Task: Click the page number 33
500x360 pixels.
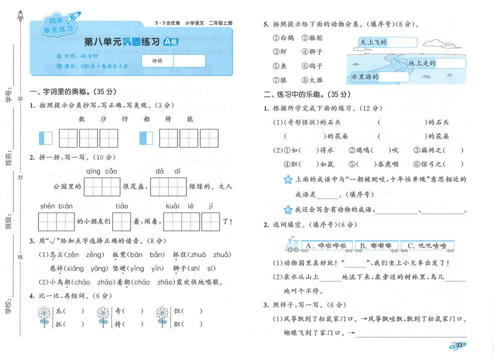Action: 459,344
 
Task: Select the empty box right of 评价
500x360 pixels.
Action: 189,61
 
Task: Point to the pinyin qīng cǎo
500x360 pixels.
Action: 101,171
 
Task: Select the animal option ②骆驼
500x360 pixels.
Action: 312,38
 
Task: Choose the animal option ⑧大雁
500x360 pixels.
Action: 312,79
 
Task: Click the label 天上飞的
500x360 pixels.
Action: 374,42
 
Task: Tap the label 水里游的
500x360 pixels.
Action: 365,77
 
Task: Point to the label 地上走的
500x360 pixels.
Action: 422,63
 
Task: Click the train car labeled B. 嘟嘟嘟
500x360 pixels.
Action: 376,245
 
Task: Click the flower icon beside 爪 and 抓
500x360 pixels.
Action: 44,317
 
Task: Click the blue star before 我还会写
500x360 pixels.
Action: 287,209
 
